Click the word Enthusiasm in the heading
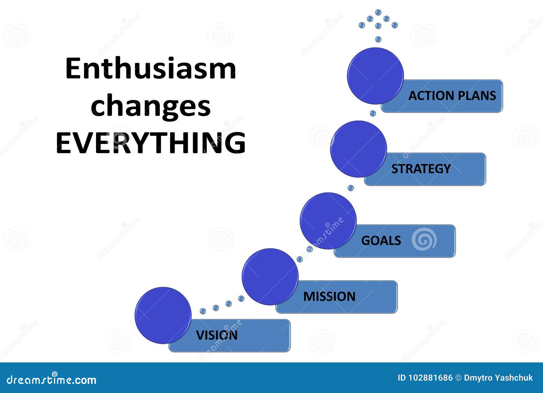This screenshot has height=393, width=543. tap(150, 69)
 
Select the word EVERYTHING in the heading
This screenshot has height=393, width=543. tap(150, 143)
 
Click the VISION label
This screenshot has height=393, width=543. tap(217, 335)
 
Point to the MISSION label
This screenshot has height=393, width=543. tap(329, 297)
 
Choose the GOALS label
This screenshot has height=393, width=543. tap(381, 240)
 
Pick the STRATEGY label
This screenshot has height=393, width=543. tap(421, 169)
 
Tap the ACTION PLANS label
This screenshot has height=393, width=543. tap(452, 96)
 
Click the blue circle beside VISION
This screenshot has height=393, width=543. tap(163, 315)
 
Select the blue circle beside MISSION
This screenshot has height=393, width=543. tap(270, 276)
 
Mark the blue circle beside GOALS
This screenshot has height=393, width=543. tap(328, 221)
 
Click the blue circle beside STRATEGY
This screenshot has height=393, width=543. tap(358, 149)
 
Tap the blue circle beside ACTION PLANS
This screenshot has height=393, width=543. tap(375, 76)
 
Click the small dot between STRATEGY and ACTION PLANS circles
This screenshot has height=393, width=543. tap(373, 113)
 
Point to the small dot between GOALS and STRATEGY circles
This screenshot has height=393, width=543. tap(351, 188)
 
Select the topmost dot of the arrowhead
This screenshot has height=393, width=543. tap(378, 12)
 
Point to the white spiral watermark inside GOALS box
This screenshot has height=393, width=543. tap(424, 239)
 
